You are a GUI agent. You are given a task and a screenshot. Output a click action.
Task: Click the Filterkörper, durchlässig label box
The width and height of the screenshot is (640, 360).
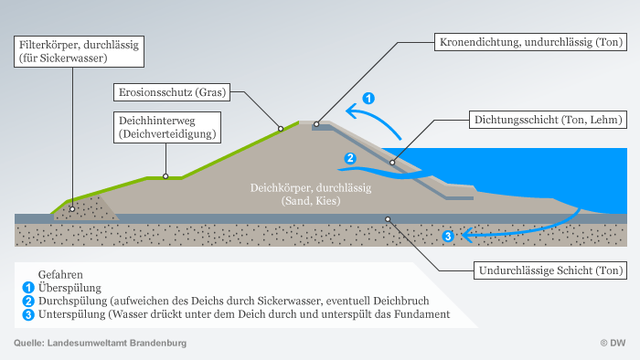(x=79, y=51)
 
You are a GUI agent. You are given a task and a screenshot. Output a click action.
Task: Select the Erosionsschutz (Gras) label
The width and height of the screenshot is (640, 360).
(x=172, y=92)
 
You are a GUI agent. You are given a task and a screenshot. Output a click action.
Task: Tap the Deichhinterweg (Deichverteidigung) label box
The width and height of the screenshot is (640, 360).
(x=167, y=127)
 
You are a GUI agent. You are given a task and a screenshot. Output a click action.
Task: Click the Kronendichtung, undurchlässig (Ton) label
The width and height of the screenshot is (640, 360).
(x=530, y=42)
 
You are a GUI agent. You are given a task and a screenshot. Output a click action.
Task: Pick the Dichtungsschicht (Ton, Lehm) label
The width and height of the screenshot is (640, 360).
(x=549, y=120)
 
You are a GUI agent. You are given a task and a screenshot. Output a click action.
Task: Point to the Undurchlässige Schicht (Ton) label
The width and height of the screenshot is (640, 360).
(x=550, y=270)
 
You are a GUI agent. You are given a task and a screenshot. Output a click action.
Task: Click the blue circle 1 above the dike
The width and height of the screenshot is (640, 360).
(x=368, y=99)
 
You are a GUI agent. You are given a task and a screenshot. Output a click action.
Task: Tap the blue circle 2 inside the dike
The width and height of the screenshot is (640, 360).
(x=350, y=158)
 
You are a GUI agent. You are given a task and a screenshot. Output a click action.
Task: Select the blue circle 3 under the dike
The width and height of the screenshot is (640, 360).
(x=448, y=236)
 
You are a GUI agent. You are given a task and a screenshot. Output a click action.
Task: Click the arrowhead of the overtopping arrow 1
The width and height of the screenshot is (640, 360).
(x=351, y=111)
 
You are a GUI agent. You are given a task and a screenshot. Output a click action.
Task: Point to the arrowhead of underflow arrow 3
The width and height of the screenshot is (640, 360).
(x=466, y=235)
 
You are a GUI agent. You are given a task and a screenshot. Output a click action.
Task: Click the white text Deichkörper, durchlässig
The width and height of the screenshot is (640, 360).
(x=311, y=188)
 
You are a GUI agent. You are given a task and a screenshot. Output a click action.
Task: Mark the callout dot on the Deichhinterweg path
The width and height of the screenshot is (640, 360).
(x=165, y=176)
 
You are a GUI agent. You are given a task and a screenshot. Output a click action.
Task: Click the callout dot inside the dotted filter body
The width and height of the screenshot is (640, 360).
(x=72, y=209)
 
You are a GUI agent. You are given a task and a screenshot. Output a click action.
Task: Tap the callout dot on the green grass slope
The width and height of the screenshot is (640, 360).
(x=281, y=129)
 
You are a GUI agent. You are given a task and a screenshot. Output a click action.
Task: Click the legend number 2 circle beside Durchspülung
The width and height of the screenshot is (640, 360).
(x=28, y=302)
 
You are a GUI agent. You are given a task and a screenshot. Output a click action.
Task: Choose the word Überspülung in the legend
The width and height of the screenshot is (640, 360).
(x=69, y=288)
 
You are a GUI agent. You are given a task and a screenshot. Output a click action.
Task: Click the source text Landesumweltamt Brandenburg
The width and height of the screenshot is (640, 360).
(x=117, y=343)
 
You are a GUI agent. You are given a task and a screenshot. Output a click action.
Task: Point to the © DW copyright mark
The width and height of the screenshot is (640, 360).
(x=613, y=343)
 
